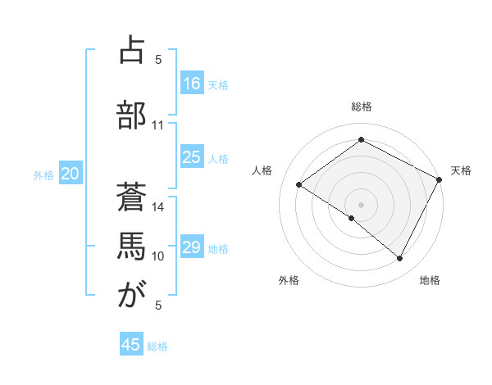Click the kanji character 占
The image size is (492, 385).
(x=131, y=52)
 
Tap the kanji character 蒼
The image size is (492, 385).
(x=131, y=194)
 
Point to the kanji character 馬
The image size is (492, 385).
(x=131, y=244)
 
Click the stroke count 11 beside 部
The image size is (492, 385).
(x=157, y=125)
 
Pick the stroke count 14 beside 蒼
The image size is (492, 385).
(x=158, y=207)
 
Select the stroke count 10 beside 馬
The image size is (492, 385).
(x=158, y=256)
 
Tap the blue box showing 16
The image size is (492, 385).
(x=192, y=83)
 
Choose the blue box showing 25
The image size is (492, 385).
(x=192, y=157)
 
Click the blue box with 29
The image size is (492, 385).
(x=192, y=247)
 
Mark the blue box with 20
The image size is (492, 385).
(x=70, y=173)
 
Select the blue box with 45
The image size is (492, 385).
(x=131, y=345)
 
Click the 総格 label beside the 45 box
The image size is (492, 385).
(x=157, y=346)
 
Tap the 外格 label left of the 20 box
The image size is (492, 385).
(x=43, y=174)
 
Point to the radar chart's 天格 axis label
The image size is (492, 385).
(x=461, y=170)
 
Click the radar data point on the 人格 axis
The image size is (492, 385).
(x=299, y=184)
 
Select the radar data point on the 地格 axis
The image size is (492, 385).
(x=400, y=259)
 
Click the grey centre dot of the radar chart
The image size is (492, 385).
(x=361, y=204)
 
